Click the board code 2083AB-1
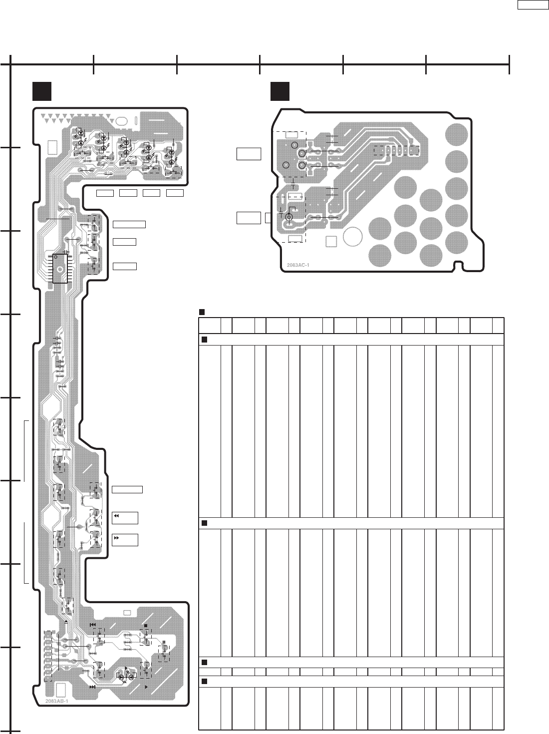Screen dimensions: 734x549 pos(56,701)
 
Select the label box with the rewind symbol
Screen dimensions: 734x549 pos(125,518)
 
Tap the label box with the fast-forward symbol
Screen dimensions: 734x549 pos(125,540)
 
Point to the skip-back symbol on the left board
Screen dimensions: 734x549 pos(92,625)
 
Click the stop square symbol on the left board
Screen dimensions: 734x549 pos(145,625)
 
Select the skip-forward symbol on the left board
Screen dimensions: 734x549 pos(92,688)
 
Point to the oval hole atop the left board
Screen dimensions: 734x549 pos(122,121)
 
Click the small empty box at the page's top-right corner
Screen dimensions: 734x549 pos(532,5)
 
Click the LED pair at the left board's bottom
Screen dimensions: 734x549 pos(126,677)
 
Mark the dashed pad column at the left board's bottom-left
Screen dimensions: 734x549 pos(48,655)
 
